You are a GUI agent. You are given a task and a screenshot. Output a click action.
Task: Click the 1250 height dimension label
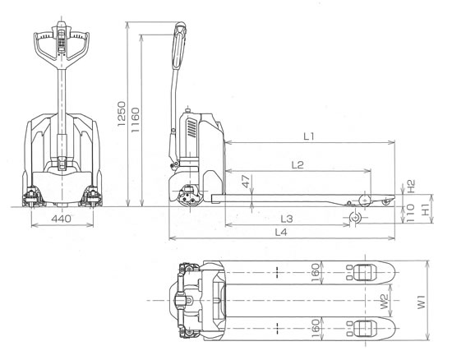(x=122, y=113)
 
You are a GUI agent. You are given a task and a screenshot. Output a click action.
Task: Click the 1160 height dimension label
(x=135, y=120)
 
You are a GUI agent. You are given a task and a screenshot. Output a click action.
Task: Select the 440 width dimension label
(x=61, y=219)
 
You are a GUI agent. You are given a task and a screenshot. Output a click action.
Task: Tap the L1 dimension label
(x=309, y=136)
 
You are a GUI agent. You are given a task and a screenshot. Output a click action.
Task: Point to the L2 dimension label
(x=297, y=165)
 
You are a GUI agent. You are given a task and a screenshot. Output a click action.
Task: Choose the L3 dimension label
(x=287, y=219)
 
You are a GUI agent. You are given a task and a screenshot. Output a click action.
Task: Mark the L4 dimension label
(x=281, y=232)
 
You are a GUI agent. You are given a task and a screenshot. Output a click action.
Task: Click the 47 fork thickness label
(x=246, y=182)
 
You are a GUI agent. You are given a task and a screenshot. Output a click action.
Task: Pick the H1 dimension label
(x=426, y=209)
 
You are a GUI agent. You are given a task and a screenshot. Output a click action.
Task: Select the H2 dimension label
(x=411, y=186)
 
